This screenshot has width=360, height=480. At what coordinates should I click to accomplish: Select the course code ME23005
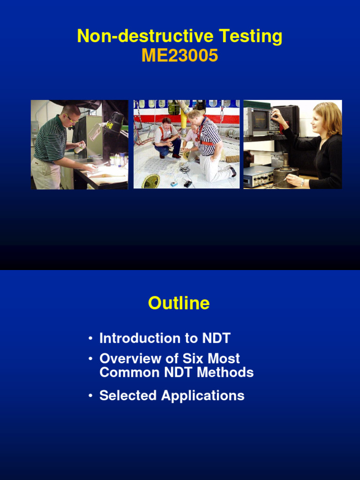click(x=180, y=56)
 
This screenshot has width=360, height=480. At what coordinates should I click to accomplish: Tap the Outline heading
click(x=179, y=303)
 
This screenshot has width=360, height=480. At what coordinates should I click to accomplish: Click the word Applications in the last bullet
click(x=202, y=396)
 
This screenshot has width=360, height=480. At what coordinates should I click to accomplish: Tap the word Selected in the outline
click(x=128, y=396)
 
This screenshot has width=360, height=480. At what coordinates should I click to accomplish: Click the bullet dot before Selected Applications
click(x=90, y=396)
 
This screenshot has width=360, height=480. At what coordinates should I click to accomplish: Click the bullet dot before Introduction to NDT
click(x=90, y=339)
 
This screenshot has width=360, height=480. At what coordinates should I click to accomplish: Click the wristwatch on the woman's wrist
click(x=302, y=182)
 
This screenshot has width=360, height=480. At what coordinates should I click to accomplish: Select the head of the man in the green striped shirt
click(x=71, y=115)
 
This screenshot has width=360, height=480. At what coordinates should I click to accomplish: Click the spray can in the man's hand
click(x=80, y=148)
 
